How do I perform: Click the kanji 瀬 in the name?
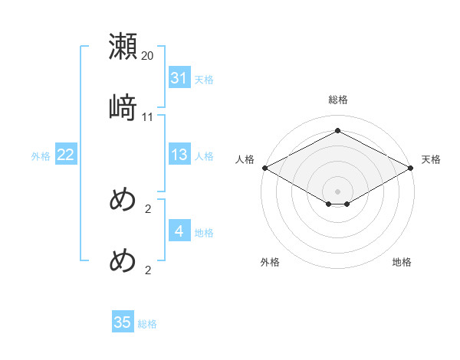coord(123,47)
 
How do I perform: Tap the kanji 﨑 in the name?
coord(123,107)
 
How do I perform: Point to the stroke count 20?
coord(148,56)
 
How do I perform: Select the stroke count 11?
coord(148,116)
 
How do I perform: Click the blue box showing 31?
coord(179,78)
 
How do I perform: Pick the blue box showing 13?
coord(179,155)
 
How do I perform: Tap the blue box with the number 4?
coord(179,231)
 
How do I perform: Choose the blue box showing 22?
coord(65,155)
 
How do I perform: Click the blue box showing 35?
coord(123,322)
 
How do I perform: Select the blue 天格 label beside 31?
coord(204,79)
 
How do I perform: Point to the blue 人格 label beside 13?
coord(204,155)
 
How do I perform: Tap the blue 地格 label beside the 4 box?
coord(204,232)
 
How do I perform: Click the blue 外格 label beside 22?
coord(41,155)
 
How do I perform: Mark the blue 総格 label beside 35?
coord(147,323)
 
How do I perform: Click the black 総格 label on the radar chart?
coord(338,100)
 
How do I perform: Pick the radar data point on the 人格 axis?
coord(264,168)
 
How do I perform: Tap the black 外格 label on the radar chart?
coord(270,262)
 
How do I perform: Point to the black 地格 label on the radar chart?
coord(402,262)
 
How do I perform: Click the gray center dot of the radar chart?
coord(338,191)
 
